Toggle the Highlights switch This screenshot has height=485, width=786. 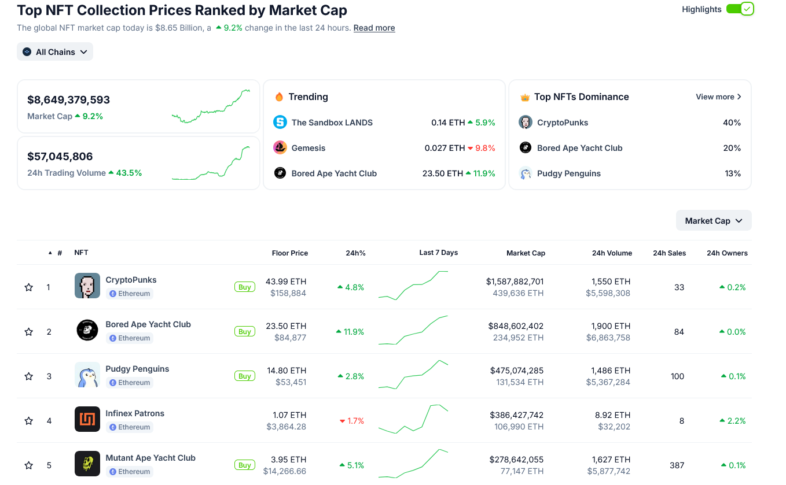(740, 9)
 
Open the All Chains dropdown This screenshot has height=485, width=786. (55, 52)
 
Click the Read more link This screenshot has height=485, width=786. (374, 28)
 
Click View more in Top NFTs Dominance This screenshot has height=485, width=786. (718, 97)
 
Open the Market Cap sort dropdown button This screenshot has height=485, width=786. (713, 221)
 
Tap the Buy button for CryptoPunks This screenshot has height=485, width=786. (245, 287)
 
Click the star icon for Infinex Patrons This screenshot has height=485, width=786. (29, 421)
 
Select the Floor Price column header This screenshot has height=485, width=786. (289, 253)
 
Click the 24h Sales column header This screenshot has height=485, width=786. (669, 253)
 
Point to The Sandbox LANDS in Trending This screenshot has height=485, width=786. (332, 123)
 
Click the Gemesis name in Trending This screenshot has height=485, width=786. (308, 148)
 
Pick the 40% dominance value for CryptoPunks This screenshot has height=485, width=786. (732, 123)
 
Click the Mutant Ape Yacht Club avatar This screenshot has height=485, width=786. (87, 464)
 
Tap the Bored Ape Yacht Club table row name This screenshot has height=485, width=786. (148, 325)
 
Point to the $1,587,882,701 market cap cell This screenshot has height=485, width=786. (515, 282)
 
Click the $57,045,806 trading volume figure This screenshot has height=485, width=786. (60, 157)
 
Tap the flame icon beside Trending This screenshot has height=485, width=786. (279, 97)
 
